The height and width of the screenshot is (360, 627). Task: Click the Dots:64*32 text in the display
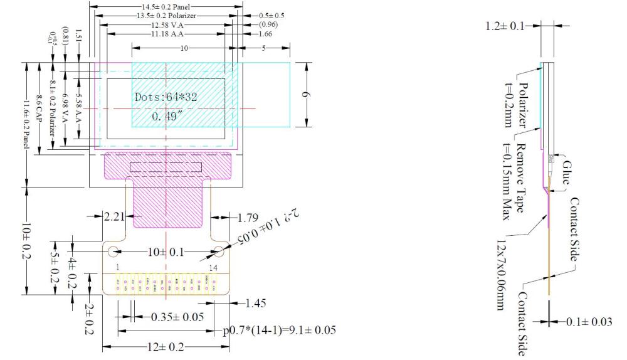coord(166,97)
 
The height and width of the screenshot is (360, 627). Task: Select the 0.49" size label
coord(166,116)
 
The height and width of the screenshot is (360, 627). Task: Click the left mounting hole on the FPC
coord(113,252)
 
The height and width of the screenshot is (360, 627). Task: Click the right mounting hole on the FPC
coord(219,252)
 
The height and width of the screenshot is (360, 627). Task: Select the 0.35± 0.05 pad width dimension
coord(177,317)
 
